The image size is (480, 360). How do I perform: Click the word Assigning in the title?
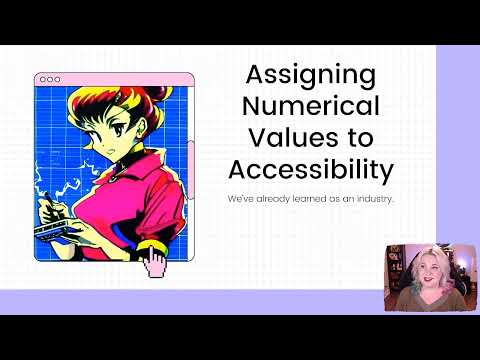tap(297, 76)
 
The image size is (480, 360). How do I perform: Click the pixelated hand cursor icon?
tap(155, 261)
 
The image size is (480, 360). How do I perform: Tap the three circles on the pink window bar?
tap(49, 80)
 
